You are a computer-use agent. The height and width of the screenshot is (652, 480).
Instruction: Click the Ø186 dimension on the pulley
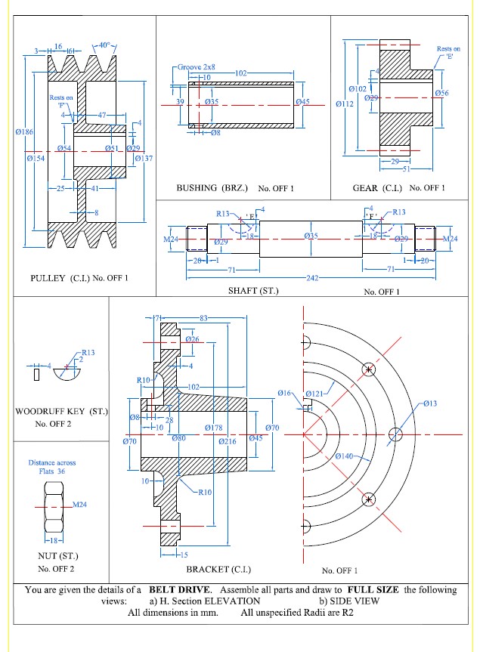click(x=24, y=131)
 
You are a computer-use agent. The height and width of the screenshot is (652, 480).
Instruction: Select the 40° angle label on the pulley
click(x=104, y=45)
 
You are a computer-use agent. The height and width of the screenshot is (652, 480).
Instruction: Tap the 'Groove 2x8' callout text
click(x=197, y=67)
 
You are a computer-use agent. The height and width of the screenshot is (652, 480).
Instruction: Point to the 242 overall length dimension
click(x=312, y=278)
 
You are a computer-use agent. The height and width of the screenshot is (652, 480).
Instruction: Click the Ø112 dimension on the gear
click(x=345, y=104)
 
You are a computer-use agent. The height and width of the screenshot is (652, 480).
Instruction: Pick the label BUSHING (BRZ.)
click(x=212, y=188)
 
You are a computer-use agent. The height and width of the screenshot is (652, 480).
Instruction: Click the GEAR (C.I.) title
click(x=377, y=188)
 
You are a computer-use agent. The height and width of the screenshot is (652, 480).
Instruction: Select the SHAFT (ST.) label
click(x=253, y=291)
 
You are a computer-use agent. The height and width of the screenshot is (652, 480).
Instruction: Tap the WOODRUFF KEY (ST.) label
click(x=61, y=411)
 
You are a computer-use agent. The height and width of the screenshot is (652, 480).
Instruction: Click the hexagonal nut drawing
click(x=54, y=507)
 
